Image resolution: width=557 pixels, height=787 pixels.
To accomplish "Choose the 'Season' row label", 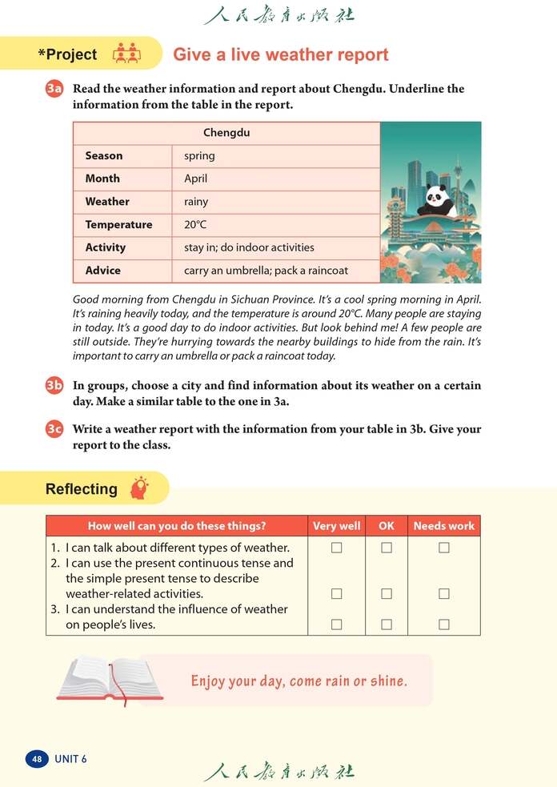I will click(x=104, y=156).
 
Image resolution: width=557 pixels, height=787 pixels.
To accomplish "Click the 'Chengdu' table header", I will click(x=226, y=133).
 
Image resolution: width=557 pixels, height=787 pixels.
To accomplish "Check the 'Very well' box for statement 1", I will click(x=337, y=548).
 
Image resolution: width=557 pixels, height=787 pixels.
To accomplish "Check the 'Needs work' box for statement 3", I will click(x=444, y=624).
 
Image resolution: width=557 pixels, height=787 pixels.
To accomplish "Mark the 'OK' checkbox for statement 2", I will click(x=387, y=594).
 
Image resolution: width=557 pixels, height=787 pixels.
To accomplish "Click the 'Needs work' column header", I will click(x=444, y=526).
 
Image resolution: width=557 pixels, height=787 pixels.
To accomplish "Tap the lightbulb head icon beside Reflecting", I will click(x=139, y=488).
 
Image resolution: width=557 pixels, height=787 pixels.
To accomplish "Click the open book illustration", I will click(x=110, y=680).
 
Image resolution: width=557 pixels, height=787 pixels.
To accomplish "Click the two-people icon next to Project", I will click(x=126, y=54).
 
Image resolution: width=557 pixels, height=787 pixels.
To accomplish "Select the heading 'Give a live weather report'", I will click(x=281, y=54).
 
